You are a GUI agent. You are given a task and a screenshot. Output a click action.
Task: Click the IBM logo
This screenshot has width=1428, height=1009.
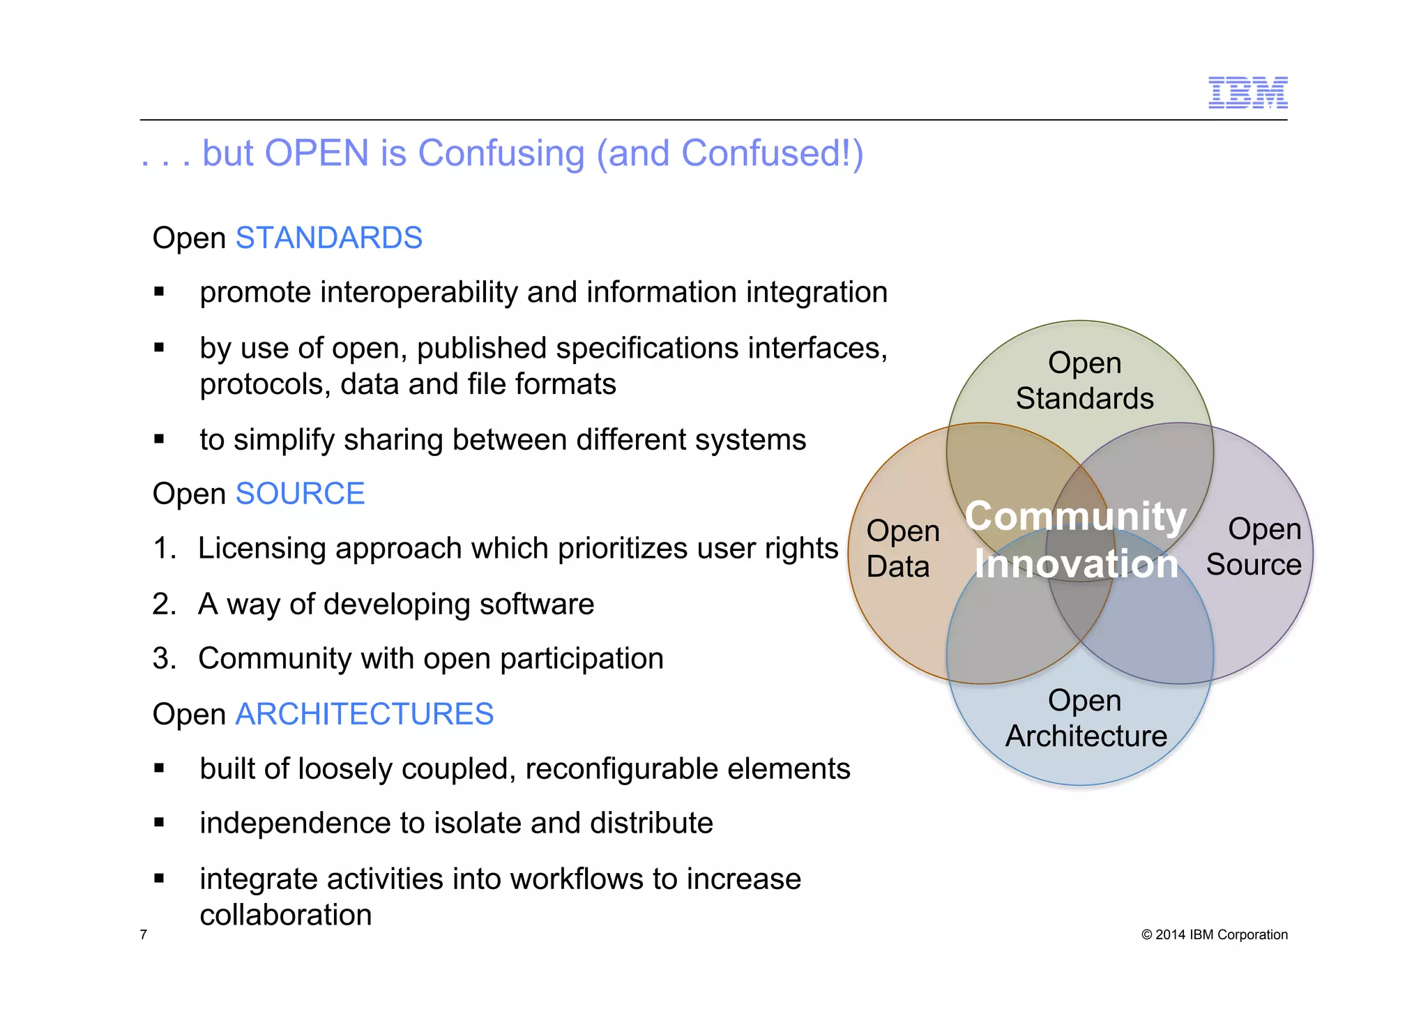[1247, 93]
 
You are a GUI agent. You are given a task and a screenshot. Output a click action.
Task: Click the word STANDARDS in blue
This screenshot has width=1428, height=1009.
[328, 238]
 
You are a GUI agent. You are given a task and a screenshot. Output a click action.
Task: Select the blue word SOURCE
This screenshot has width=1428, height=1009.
[300, 494]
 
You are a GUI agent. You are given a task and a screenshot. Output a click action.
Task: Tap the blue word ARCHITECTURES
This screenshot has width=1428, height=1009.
[364, 714]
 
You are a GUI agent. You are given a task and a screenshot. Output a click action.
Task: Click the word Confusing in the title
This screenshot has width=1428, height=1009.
[501, 153]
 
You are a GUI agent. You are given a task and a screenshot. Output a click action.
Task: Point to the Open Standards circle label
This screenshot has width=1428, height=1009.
[1084, 381]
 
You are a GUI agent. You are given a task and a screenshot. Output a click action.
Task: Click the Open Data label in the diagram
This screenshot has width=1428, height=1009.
[902, 549]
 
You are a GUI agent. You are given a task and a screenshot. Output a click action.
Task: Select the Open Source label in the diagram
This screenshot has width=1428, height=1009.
[1254, 547]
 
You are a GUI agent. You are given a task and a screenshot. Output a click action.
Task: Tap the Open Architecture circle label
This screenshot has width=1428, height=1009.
[1086, 718]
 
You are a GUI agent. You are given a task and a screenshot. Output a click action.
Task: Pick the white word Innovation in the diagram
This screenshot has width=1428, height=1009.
[1076, 563]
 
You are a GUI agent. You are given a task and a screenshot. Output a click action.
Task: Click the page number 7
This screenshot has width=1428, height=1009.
[144, 934]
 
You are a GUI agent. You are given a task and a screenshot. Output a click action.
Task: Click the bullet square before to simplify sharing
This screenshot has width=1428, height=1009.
[159, 440]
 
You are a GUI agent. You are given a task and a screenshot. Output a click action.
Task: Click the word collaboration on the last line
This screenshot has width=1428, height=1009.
[286, 915]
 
